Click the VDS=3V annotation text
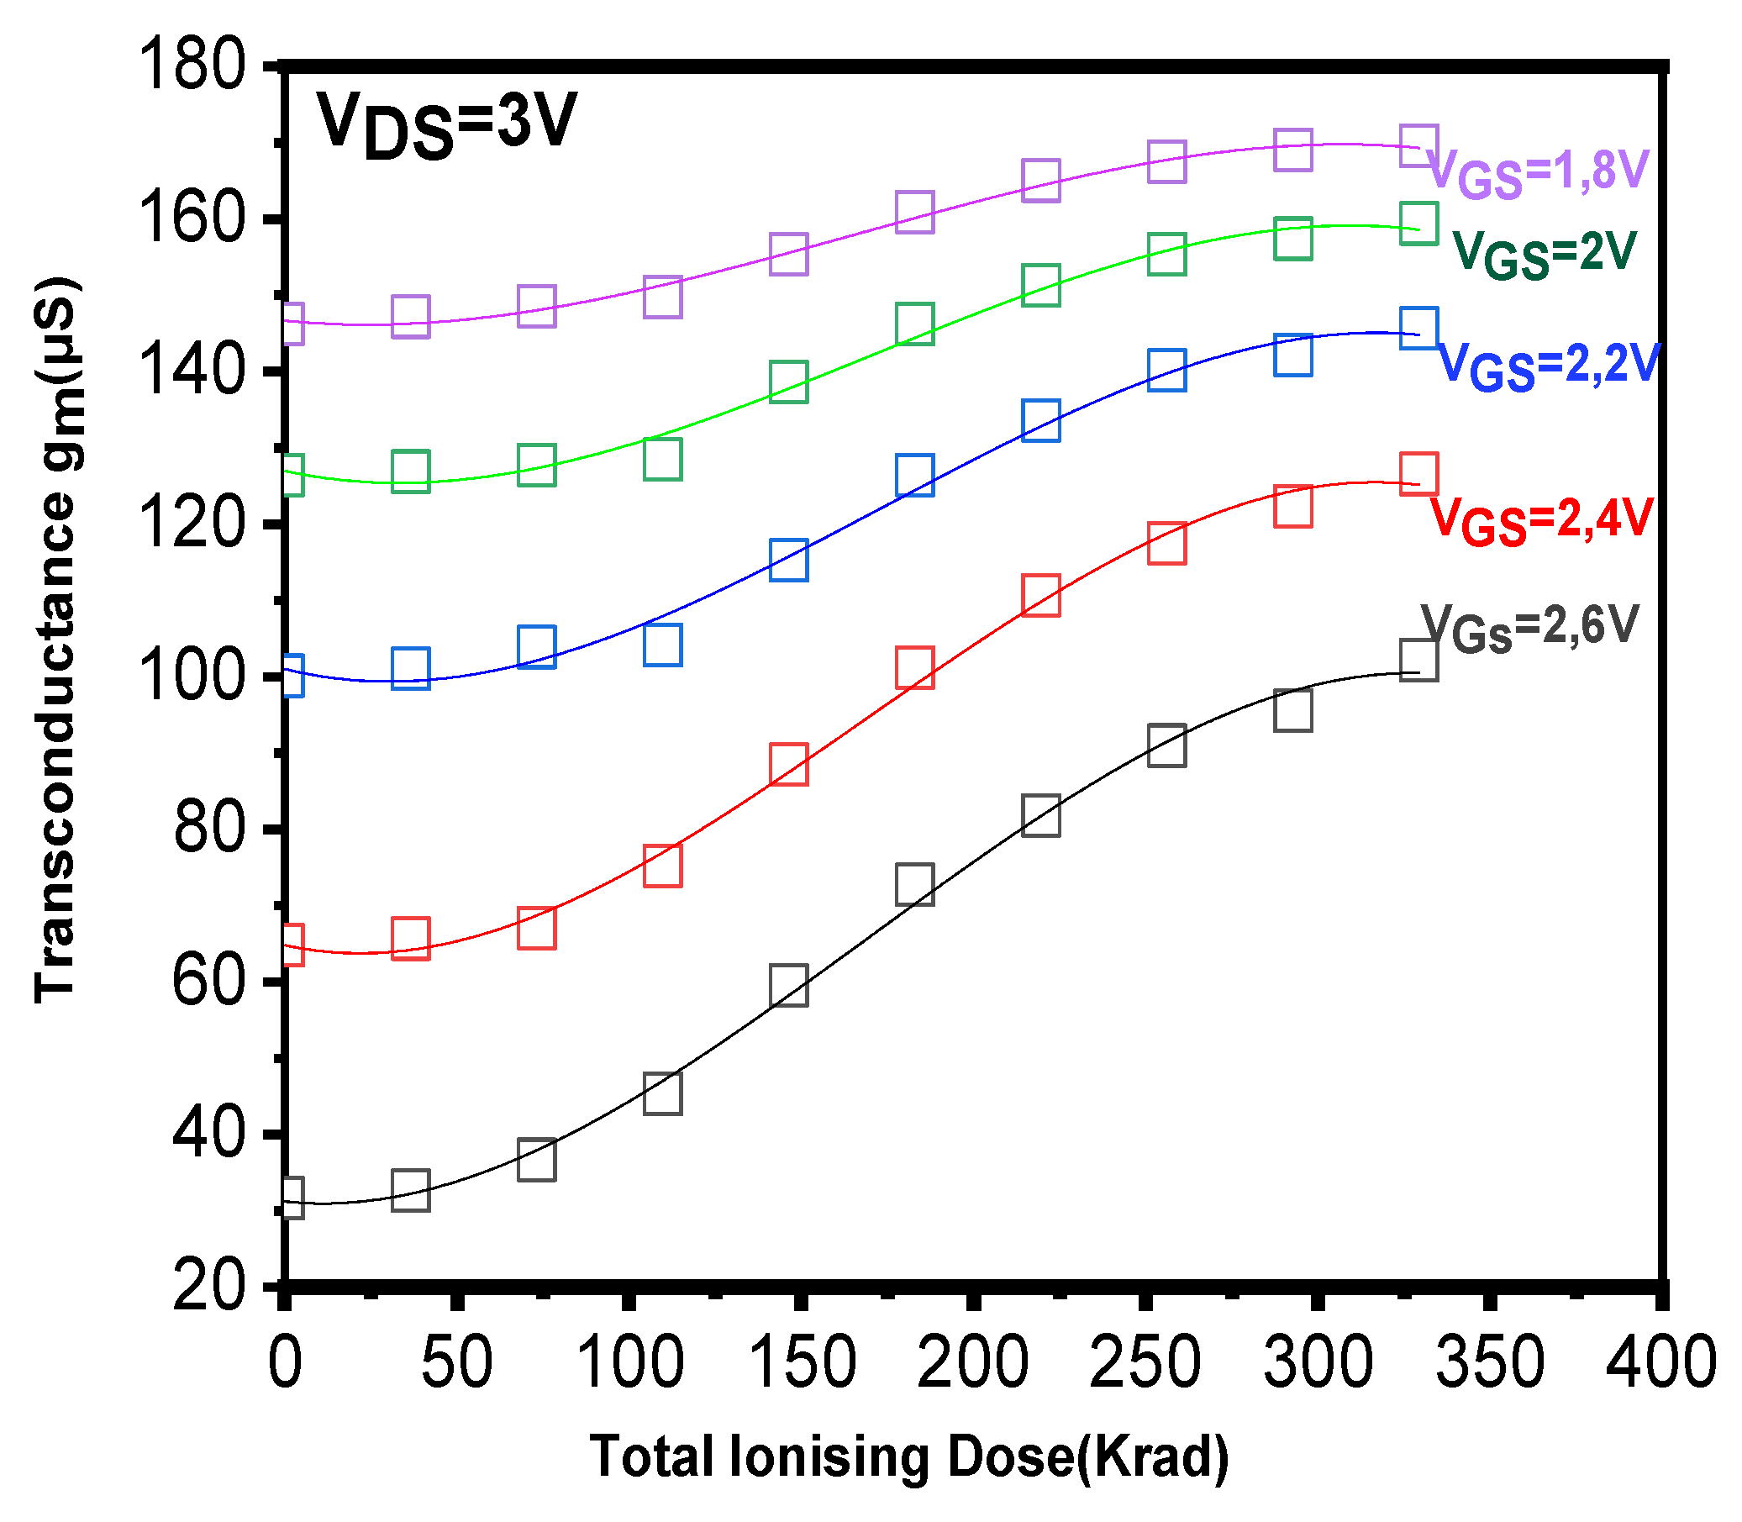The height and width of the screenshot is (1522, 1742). tap(446, 126)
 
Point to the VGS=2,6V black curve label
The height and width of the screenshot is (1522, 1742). tap(1529, 629)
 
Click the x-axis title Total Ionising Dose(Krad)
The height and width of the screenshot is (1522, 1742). tap(908, 1457)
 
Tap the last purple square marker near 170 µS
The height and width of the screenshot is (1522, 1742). tap(1418, 145)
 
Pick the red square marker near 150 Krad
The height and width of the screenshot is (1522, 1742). tap(789, 765)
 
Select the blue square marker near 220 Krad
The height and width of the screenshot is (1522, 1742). tap(1041, 420)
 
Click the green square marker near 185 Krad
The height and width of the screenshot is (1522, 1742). tap(915, 324)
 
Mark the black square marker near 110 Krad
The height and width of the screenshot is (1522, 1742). tap(662, 1093)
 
